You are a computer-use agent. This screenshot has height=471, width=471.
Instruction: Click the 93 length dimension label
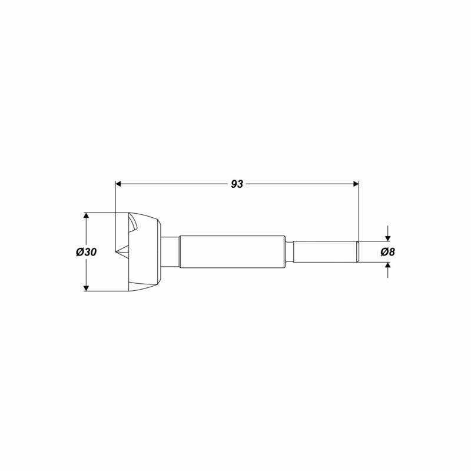click(x=237, y=184)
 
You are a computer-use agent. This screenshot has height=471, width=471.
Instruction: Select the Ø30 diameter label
click(x=86, y=252)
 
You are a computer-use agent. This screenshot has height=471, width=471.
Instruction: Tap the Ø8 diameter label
click(x=387, y=252)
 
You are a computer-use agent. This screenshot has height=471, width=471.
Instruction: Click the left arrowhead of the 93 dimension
click(x=118, y=184)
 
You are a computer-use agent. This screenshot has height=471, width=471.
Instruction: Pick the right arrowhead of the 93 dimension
click(x=356, y=184)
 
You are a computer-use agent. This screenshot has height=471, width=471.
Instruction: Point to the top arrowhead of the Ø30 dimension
click(x=86, y=215)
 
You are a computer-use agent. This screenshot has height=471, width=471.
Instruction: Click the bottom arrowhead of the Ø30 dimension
click(x=86, y=288)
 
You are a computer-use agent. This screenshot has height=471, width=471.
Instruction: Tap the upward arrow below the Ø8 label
click(x=388, y=270)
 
